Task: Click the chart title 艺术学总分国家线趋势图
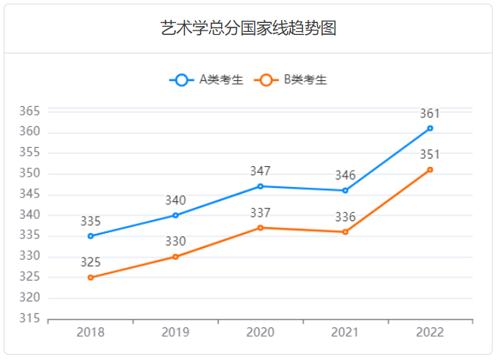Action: pos(249,28)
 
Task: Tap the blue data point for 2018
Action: pos(90,236)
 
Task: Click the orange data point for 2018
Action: pos(90,278)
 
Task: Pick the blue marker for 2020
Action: pos(260,186)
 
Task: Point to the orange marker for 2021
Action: pos(345,232)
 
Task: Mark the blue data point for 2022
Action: pos(430,128)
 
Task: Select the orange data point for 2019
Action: pos(176,257)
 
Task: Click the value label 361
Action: pos(430,114)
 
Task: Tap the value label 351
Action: pos(430,155)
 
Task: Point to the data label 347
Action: pos(260,171)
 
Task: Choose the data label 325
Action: pos(90,263)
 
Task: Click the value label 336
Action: pos(345,217)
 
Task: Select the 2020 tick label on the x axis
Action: pos(260,332)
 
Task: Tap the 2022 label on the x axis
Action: pos(430,332)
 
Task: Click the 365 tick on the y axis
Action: pos(29,111)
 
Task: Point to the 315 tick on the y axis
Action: pos(29,319)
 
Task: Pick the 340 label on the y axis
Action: pos(29,215)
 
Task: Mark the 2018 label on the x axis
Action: pos(90,332)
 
